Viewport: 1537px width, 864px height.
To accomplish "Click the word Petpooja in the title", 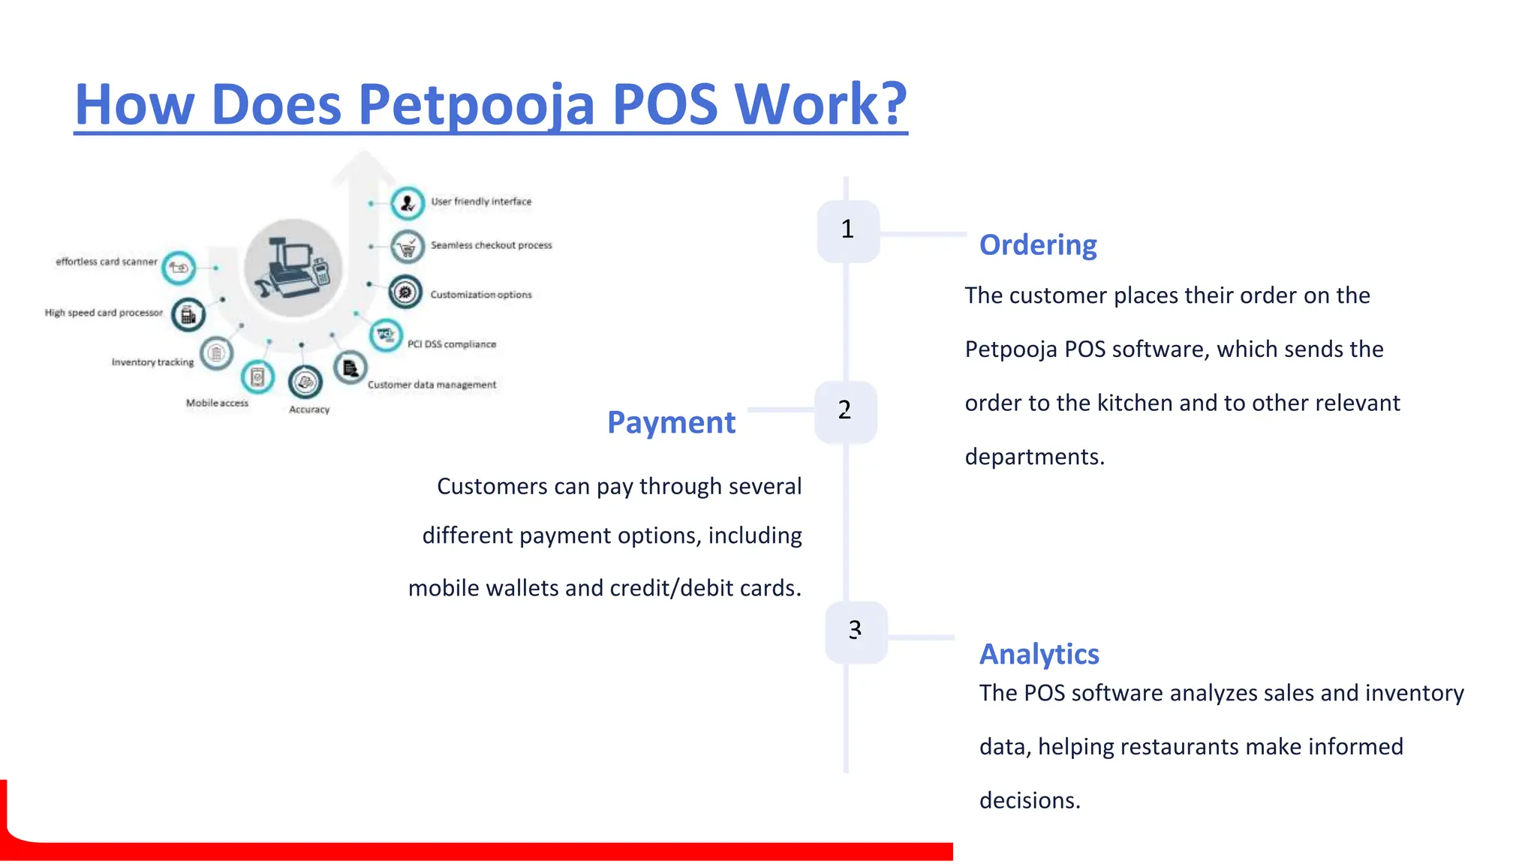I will (x=477, y=105).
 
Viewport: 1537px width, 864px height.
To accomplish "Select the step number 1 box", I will (x=848, y=230).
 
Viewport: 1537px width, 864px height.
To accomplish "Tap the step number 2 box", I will (x=845, y=411).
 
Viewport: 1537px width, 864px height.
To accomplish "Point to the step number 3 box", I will (x=856, y=631).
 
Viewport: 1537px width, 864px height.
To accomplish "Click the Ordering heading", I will (x=1038, y=245).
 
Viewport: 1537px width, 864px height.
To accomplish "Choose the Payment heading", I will (x=671, y=423).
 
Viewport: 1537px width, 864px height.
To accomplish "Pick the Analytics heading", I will (x=1039, y=655).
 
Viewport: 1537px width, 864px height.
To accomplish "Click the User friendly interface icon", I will (x=408, y=202).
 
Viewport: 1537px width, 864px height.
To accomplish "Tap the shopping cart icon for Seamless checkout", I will (x=408, y=247).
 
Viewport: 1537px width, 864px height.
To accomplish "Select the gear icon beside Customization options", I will (x=405, y=292).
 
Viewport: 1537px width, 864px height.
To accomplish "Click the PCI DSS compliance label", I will (x=452, y=344).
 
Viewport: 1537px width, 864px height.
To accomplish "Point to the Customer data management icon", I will (x=350, y=368).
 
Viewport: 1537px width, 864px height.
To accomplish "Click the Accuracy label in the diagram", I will (x=309, y=409).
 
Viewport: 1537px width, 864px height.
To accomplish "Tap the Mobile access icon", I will (x=257, y=376).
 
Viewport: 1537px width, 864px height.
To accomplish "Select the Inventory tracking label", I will (x=152, y=362).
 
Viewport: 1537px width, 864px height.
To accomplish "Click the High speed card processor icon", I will (x=188, y=315).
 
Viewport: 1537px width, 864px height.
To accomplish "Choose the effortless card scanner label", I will (x=107, y=262).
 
